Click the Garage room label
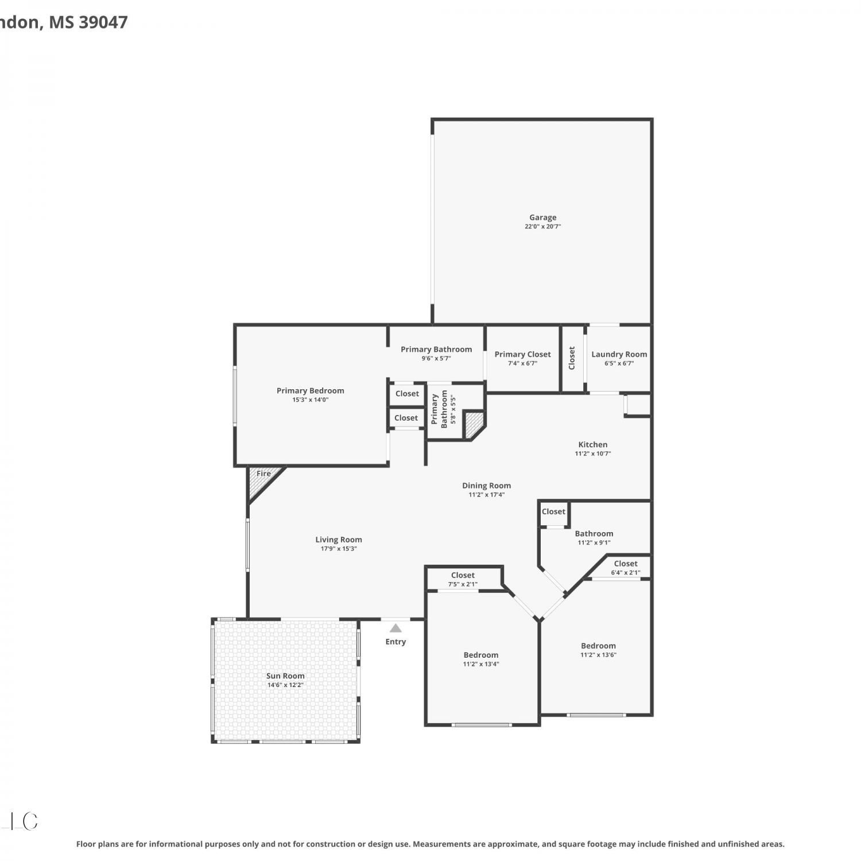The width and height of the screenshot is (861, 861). click(x=542, y=218)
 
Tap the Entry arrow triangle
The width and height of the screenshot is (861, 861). click(x=395, y=628)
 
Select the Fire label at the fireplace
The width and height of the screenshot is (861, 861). click(x=263, y=474)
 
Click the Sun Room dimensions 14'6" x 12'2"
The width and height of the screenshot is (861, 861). click(x=285, y=685)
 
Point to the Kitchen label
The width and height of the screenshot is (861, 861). click(x=593, y=444)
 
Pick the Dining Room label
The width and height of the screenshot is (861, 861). click(x=486, y=486)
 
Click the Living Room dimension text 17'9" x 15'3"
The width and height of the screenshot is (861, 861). click(x=339, y=549)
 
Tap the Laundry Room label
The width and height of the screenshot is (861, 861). click(x=619, y=354)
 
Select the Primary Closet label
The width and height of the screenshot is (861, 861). click(x=523, y=354)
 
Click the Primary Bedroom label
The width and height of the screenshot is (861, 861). click(x=311, y=390)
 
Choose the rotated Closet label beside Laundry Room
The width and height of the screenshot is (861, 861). click(x=572, y=358)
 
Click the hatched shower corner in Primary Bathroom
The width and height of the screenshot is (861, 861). click(x=474, y=424)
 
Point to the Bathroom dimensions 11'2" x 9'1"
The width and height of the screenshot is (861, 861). click(x=594, y=542)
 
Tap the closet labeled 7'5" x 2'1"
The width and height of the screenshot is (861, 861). click(x=463, y=579)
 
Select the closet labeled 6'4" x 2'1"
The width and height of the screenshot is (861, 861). click(x=626, y=568)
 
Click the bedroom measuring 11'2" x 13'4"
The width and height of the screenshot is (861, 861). click(x=481, y=659)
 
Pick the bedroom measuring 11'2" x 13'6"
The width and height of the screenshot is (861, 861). click(x=598, y=650)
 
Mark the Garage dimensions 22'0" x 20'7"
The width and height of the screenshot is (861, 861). click(x=542, y=227)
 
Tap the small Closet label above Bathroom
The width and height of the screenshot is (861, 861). click(x=553, y=511)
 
